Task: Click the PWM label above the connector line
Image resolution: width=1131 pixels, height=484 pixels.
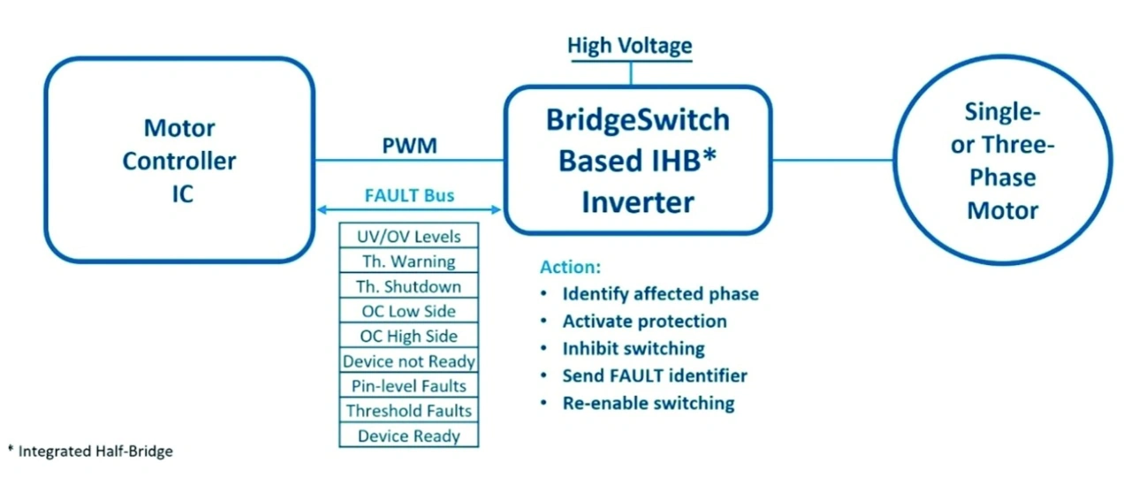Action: click(x=409, y=146)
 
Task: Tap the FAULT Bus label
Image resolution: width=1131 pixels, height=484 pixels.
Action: click(x=409, y=195)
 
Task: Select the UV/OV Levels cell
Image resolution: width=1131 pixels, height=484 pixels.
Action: click(x=409, y=236)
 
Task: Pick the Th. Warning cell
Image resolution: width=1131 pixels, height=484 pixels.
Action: click(x=409, y=261)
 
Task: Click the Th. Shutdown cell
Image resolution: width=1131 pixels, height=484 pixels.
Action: click(x=409, y=285)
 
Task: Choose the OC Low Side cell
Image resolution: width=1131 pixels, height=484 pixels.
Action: click(x=409, y=310)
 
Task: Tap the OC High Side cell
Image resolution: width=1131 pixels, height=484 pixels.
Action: click(x=409, y=335)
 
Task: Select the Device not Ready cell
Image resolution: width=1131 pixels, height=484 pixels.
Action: click(x=409, y=360)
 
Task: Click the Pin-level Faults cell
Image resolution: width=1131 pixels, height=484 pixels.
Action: click(x=409, y=385)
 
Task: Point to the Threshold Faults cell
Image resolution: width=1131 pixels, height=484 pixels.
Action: click(x=409, y=411)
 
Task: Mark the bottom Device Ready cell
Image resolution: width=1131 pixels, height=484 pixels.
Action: click(x=409, y=435)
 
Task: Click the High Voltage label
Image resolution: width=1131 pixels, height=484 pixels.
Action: click(x=630, y=45)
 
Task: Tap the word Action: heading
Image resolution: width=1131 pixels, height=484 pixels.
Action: click(x=571, y=267)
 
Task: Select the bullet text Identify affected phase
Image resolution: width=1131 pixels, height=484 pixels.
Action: click(x=660, y=294)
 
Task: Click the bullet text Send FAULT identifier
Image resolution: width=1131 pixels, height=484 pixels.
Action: click(x=655, y=375)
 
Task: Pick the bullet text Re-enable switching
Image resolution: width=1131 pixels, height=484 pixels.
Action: click(x=649, y=403)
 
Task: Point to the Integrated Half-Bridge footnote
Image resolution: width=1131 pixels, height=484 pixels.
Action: click(x=90, y=450)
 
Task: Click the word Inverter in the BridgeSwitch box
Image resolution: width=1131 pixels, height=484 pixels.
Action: click(x=638, y=202)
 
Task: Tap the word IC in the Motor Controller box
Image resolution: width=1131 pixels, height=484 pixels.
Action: click(x=182, y=193)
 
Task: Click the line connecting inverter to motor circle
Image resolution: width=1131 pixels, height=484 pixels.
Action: click(x=832, y=161)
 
